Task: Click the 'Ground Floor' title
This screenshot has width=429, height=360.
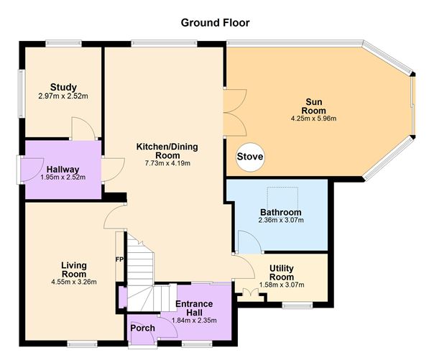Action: (215, 23)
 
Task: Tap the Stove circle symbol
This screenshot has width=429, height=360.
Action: (249, 157)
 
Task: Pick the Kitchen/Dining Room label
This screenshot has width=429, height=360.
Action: (167, 151)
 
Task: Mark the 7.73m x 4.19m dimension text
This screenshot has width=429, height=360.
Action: (167, 163)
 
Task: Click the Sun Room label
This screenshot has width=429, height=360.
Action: (313, 106)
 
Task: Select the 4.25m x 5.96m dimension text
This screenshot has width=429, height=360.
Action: (313, 119)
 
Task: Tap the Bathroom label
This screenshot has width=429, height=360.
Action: (280, 213)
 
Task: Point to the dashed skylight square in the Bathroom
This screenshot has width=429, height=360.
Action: (282, 195)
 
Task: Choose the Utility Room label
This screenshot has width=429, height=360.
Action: (281, 272)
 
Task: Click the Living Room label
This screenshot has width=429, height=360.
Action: (73, 269)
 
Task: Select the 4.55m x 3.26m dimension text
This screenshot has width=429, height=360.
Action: (73, 282)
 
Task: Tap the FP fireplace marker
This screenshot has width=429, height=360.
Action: (119, 259)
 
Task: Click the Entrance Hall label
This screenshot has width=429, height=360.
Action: (193, 308)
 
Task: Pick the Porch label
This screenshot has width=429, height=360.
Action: (142, 328)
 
